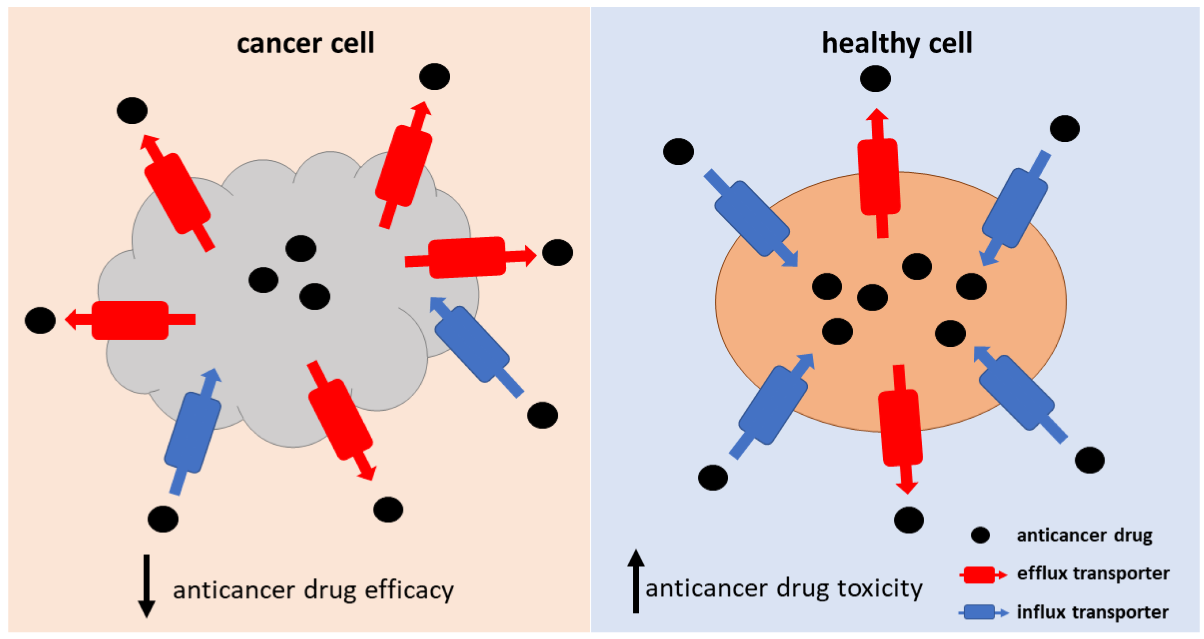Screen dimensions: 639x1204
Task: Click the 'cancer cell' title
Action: click(305, 43)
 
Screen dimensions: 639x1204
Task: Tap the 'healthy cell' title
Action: click(897, 43)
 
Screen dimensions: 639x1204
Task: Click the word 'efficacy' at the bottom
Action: click(409, 590)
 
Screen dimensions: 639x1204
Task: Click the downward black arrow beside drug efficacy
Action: click(146, 586)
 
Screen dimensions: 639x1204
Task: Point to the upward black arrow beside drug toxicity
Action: click(636, 582)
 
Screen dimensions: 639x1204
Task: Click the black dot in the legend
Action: click(980, 535)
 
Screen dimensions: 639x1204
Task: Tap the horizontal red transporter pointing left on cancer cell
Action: click(130, 320)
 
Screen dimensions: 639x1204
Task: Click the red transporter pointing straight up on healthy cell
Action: click(879, 176)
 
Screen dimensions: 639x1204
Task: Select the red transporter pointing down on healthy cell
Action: click(900, 427)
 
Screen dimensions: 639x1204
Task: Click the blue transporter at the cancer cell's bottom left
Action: click(193, 432)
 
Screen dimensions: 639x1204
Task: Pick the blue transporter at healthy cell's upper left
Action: click(751, 218)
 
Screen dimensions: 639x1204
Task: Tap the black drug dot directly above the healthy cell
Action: click(875, 79)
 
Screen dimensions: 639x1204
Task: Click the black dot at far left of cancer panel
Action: click(40, 320)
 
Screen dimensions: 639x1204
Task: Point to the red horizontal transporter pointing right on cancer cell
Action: click(467, 257)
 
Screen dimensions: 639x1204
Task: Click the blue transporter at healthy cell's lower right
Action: click(1016, 392)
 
